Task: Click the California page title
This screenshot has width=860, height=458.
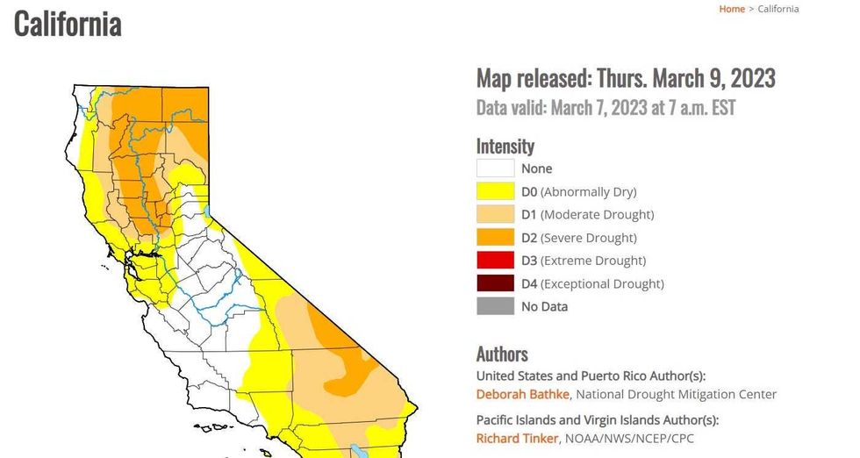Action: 68,24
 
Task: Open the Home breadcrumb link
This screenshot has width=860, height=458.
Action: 732,9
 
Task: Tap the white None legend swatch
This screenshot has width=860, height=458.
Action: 495,168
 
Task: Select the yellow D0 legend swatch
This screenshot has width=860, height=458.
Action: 495,191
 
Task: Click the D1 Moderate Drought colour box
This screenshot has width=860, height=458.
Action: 495,214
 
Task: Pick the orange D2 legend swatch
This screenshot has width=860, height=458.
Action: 495,238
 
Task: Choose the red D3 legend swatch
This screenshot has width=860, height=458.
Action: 495,261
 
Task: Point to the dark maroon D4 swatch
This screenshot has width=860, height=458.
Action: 495,283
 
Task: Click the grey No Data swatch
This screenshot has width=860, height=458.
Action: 495,306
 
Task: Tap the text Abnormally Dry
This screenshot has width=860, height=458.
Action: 588,191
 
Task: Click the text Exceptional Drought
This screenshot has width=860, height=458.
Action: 602,283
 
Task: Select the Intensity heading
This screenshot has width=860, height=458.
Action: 505,146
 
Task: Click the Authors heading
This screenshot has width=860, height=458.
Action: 502,354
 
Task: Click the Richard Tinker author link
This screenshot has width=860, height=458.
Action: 517,438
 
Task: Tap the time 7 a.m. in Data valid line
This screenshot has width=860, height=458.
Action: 655,108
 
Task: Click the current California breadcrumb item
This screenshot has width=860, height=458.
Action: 778,9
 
